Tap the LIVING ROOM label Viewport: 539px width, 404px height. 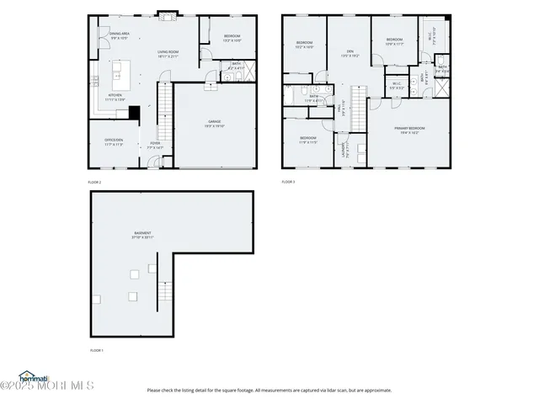(168, 53)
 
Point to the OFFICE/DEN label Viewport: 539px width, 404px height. (114, 141)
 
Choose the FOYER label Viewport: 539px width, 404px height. (155, 145)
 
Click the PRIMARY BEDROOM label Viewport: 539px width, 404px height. (411, 130)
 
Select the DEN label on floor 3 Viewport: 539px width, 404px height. (349, 52)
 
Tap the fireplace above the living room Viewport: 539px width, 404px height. (167, 14)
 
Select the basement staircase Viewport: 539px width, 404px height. (165, 293)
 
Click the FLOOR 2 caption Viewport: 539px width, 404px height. (94, 182)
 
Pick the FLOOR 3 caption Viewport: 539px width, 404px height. (288, 182)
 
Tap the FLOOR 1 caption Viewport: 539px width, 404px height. (96, 349)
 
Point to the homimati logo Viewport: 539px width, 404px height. (34, 376)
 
